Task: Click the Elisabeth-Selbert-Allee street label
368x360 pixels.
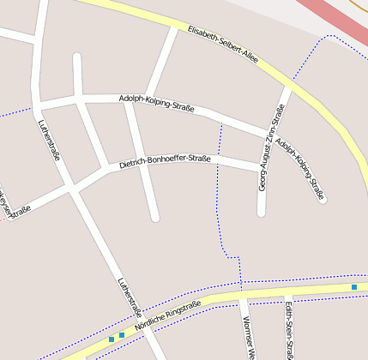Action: [x=223, y=42]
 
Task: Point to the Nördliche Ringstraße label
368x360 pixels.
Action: [x=168, y=316]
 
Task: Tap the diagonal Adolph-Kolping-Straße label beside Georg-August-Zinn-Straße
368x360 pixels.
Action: [x=301, y=171]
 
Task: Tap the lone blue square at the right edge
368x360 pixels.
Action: [x=353, y=286]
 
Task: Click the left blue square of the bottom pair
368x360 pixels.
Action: [x=112, y=339]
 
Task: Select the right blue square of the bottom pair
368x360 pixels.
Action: [x=122, y=335]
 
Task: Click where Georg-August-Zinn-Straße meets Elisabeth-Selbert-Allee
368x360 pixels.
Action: [x=289, y=86]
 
